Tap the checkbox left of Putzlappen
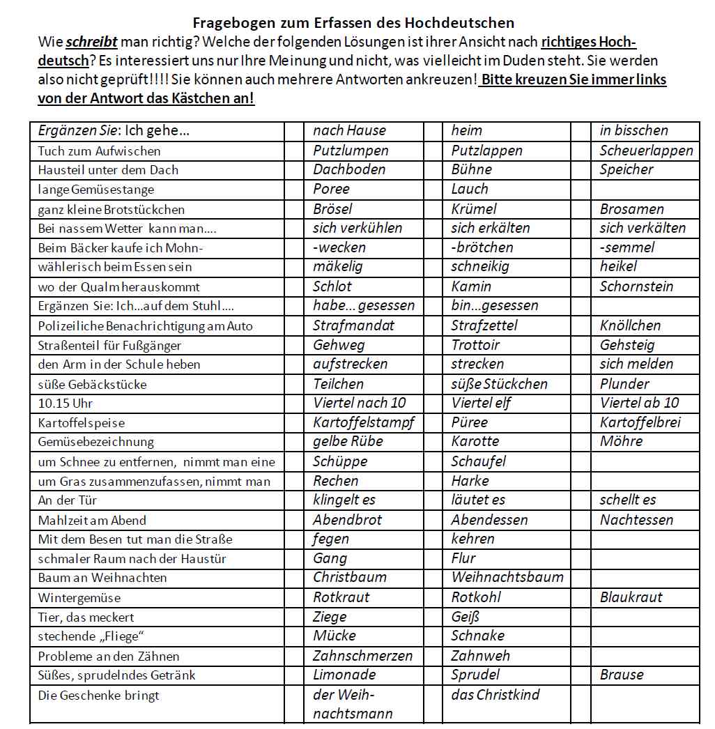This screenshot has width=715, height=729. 433,151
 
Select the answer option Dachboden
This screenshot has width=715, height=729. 349,169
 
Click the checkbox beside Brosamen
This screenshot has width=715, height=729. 581,209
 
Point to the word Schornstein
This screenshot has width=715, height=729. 636,286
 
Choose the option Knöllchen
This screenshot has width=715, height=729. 630,325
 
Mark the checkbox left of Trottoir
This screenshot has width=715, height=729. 433,345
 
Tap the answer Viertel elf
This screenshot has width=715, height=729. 482,403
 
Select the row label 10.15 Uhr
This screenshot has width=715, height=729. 66,404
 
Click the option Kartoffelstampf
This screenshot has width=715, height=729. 364,422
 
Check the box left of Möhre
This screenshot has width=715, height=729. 581,442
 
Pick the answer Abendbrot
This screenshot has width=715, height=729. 347,520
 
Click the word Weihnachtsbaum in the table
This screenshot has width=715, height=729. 507,578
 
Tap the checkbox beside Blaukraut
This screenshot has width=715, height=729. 581,597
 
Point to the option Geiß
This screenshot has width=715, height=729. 466,617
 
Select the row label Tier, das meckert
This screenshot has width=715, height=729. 86,617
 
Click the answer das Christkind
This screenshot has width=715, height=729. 495,695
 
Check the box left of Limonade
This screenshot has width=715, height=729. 295,675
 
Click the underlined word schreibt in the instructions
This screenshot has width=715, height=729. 92,41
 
